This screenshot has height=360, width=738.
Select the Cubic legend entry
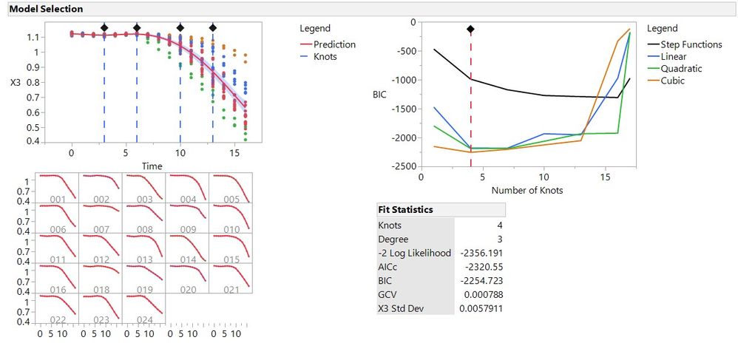click(x=672, y=81)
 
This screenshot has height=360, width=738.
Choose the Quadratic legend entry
click(x=681, y=69)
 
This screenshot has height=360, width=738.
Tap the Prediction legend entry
click(x=334, y=44)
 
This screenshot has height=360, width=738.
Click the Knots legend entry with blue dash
click(x=325, y=56)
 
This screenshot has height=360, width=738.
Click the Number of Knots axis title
click(x=527, y=190)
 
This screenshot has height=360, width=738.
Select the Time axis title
click(x=152, y=166)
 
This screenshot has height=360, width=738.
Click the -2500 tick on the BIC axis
click(x=403, y=167)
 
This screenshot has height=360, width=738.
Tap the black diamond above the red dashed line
click(x=470, y=30)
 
